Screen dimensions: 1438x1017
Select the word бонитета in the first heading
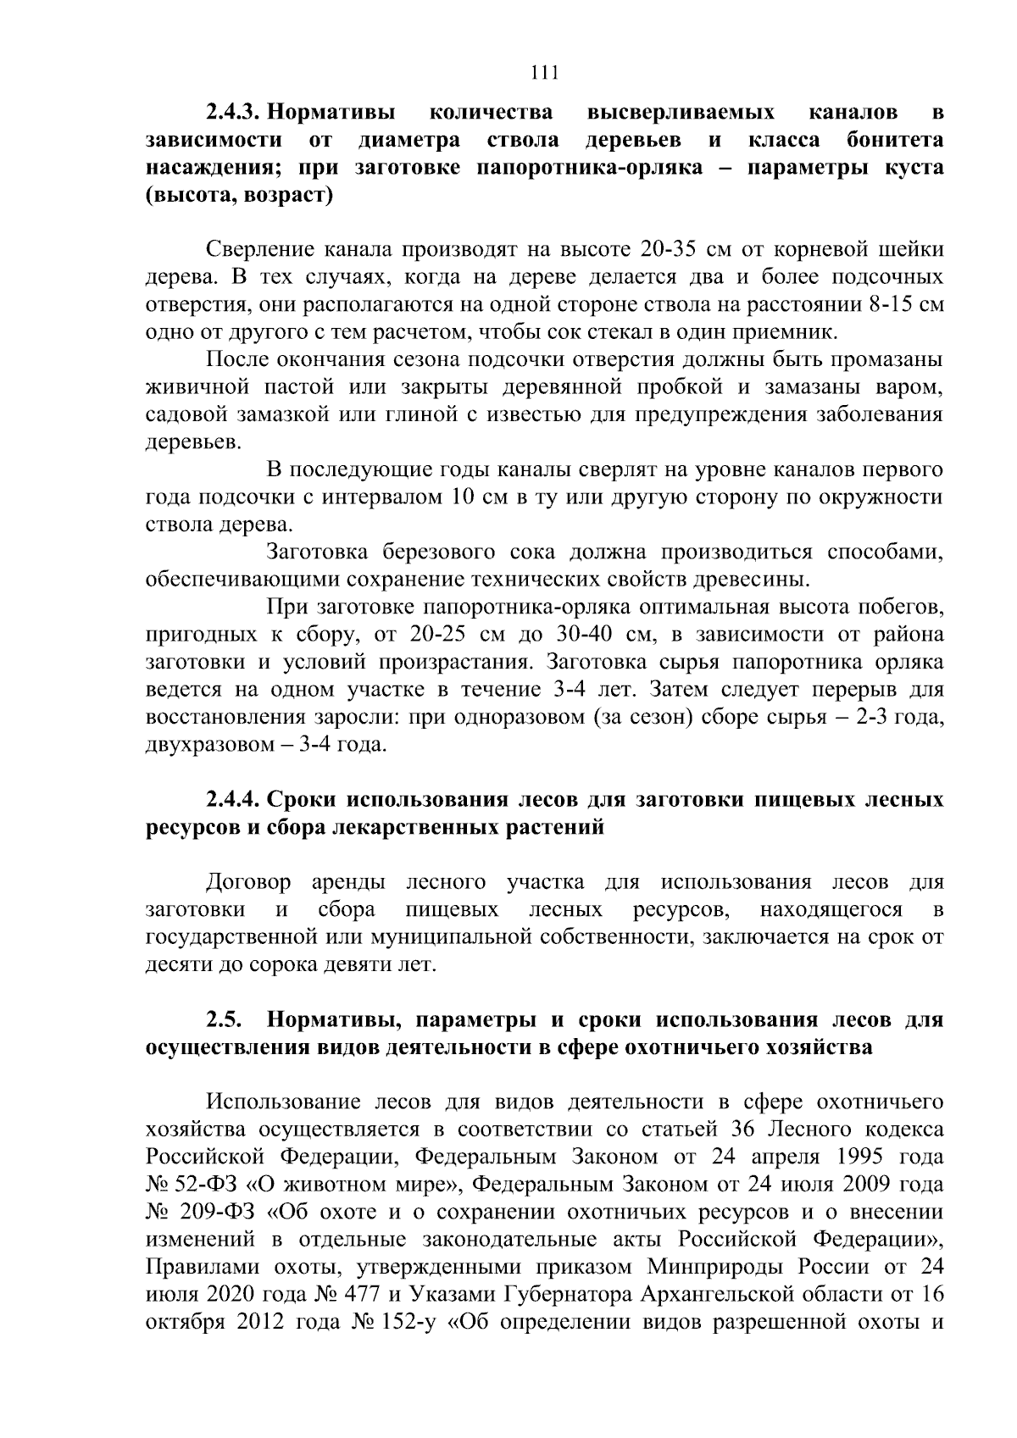pyautogui.click(x=895, y=140)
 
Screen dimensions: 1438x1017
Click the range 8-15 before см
pyautogui.click(x=897, y=305)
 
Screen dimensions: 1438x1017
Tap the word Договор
pyautogui.click(x=248, y=883)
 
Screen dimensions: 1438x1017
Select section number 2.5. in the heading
pyautogui.click(x=224, y=1020)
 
